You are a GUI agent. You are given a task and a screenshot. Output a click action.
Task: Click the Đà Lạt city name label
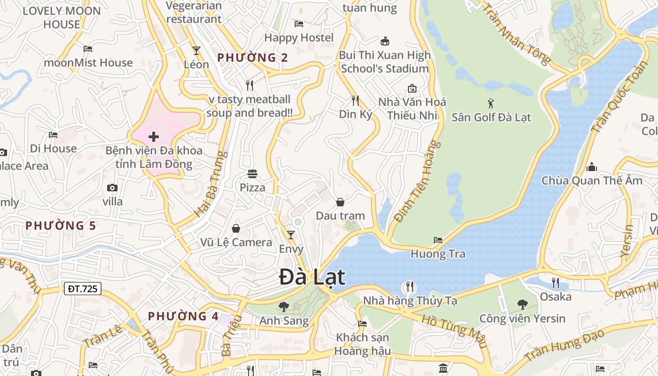pyautogui.click(x=313, y=277)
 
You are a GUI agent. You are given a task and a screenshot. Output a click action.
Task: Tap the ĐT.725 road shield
pyautogui.click(x=83, y=288)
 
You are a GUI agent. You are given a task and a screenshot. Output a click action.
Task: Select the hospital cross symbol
pyautogui.click(x=154, y=137)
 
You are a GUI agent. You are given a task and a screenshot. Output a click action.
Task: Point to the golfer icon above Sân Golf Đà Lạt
pyautogui.click(x=491, y=103)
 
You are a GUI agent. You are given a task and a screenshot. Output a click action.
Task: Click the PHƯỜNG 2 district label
pyautogui.click(x=252, y=58)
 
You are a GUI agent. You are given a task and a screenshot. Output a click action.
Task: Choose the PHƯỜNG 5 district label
pyautogui.click(x=61, y=226)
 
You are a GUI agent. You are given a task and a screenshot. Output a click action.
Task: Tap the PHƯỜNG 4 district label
pyautogui.click(x=183, y=316)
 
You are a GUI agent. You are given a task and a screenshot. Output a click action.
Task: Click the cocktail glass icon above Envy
pyautogui.click(x=291, y=235)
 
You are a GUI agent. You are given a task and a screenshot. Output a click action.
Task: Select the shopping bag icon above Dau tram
pyautogui.click(x=340, y=202)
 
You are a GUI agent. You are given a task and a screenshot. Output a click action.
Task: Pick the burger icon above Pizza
pyautogui.click(x=252, y=174)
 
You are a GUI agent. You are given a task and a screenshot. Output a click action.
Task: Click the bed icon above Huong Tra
pyautogui.click(x=438, y=240)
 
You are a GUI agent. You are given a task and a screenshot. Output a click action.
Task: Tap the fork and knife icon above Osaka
pyautogui.click(x=556, y=282)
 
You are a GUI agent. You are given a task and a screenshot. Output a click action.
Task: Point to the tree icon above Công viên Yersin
pyautogui.click(x=522, y=305)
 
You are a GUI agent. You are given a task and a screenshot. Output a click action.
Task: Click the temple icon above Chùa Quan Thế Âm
pyautogui.click(x=592, y=167)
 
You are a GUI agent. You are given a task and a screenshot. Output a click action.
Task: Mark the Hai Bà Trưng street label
pyautogui.click(x=211, y=184)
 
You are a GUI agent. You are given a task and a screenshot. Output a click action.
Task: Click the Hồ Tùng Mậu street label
pyautogui.click(x=453, y=330)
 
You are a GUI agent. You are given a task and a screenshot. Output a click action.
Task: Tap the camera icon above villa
pyautogui.click(x=112, y=188)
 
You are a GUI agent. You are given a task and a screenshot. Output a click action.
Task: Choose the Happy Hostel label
pyautogui.click(x=299, y=38)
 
